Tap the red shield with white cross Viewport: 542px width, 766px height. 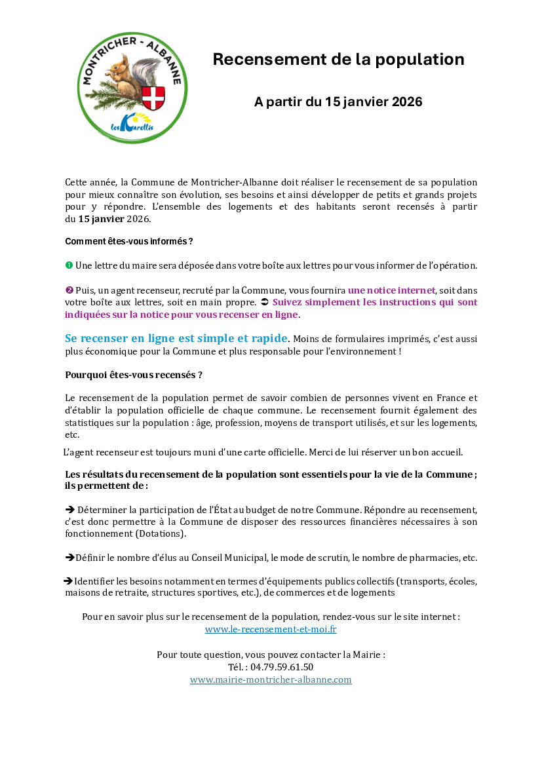(153, 98)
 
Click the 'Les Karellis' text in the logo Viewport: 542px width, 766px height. (131, 123)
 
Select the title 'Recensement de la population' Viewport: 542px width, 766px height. (338, 60)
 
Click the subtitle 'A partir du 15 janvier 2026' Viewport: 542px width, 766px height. (338, 102)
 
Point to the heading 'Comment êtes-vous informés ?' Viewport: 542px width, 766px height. (128, 241)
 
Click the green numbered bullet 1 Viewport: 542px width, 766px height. (69, 265)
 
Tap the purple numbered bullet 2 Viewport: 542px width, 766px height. (69, 290)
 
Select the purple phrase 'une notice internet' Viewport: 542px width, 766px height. (391, 290)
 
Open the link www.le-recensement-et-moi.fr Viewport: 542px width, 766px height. (271, 629)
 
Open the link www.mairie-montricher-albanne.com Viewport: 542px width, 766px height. (271, 680)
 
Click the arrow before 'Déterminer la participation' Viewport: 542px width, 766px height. (70, 509)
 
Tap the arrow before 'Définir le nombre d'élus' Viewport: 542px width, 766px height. (69, 558)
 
